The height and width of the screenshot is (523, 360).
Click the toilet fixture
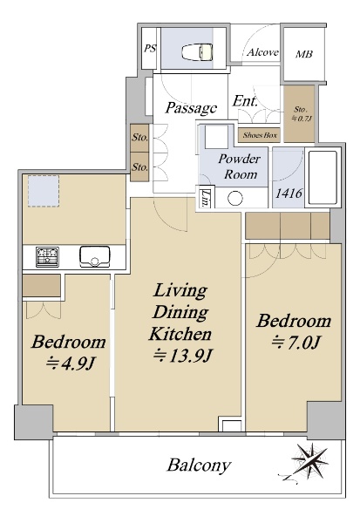pyautogui.click(x=197, y=52)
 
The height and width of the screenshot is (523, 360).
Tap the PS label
pyautogui.click(x=150, y=48)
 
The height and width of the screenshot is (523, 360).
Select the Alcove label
pyautogui.click(x=262, y=52)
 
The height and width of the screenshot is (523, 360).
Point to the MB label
pyautogui.click(x=304, y=54)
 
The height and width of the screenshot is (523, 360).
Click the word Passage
pyautogui.click(x=191, y=107)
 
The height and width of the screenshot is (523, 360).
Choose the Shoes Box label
pyautogui.click(x=260, y=135)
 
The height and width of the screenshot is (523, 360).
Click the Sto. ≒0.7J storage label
pyautogui.click(x=301, y=113)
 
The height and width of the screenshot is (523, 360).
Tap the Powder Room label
pyautogui.click(x=239, y=166)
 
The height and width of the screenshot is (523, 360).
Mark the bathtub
pyautogui.click(x=323, y=178)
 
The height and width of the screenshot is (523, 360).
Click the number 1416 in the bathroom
pyautogui.click(x=289, y=194)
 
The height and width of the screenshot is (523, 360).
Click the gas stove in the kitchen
pyautogui.click(x=47, y=257)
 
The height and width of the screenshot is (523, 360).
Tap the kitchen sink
pyautogui.click(x=94, y=256)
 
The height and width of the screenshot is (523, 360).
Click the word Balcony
pyautogui.click(x=200, y=465)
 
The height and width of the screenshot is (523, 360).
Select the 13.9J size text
pyautogui.click(x=182, y=357)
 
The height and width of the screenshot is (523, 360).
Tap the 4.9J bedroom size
pyautogui.click(x=71, y=363)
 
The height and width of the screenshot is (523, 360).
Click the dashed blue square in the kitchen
pyautogui.click(x=44, y=191)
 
